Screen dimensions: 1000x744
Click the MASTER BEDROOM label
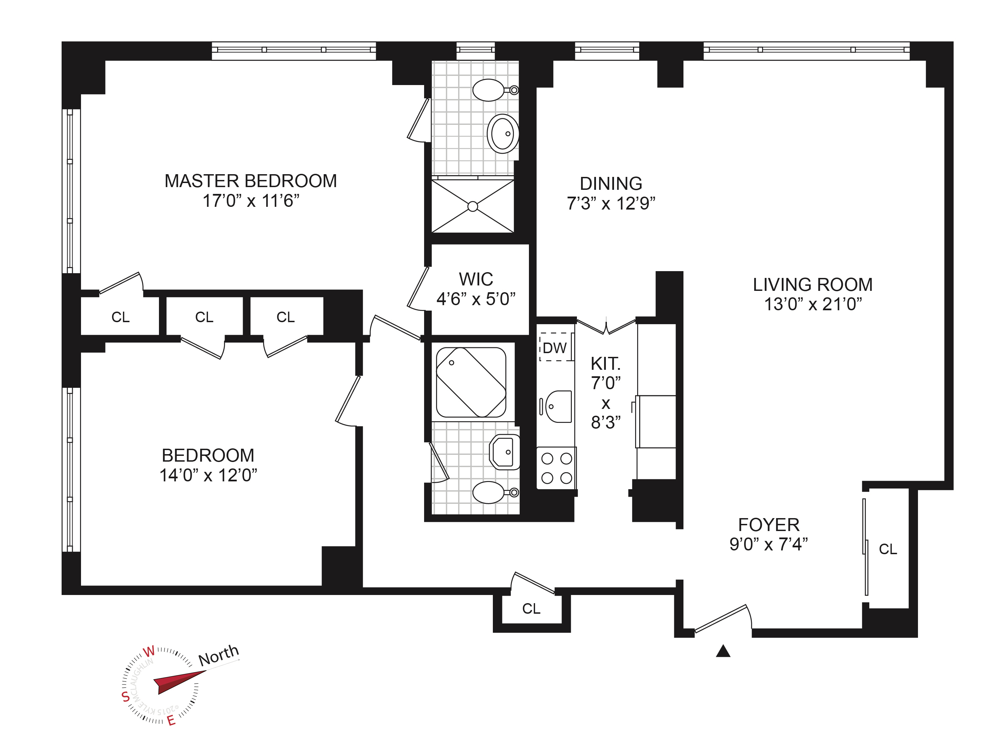pos(251,181)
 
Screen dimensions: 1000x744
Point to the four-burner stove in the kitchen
pos(557,468)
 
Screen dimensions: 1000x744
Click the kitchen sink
pos(558,407)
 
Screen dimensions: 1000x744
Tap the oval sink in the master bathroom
pos(502,134)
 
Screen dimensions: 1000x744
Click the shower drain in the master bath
pos(473,206)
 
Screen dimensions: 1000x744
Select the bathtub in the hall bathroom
pos(471,382)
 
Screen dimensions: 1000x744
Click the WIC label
pos(476,279)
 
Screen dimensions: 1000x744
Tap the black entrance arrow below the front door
pos(723,651)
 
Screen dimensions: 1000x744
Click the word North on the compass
pos(219,655)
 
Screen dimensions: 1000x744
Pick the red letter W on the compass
pos(149,652)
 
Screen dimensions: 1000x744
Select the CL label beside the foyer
pos(888,549)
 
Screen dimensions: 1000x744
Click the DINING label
pos(611,184)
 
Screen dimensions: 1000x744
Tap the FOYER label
pos(769,525)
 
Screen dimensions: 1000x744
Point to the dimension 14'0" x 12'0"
pos(208,476)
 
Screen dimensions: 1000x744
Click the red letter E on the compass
pos(171,721)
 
